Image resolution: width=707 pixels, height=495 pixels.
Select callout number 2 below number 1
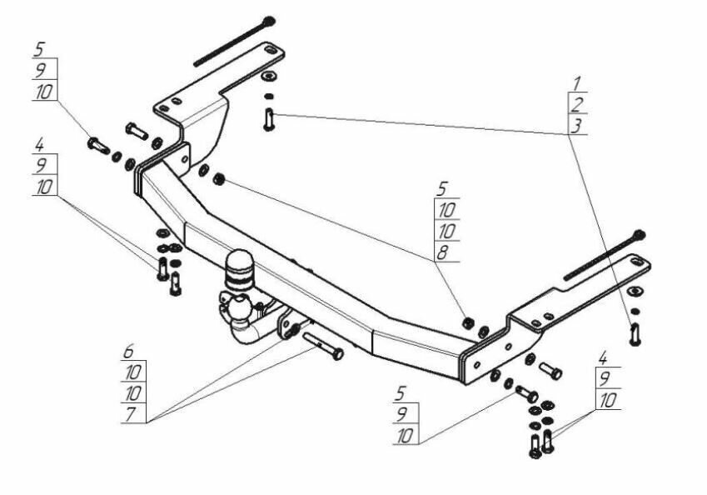click(575, 104)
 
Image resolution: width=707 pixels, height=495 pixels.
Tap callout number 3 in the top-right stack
click(575, 126)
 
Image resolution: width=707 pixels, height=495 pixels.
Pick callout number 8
click(446, 252)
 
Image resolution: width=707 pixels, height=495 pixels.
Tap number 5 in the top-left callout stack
click(41, 47)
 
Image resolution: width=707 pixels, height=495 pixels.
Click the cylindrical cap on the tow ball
click(238, 265)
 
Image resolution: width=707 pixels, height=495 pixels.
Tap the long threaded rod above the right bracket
click(604, 255)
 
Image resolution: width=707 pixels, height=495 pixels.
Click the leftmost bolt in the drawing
click(97, 145)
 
